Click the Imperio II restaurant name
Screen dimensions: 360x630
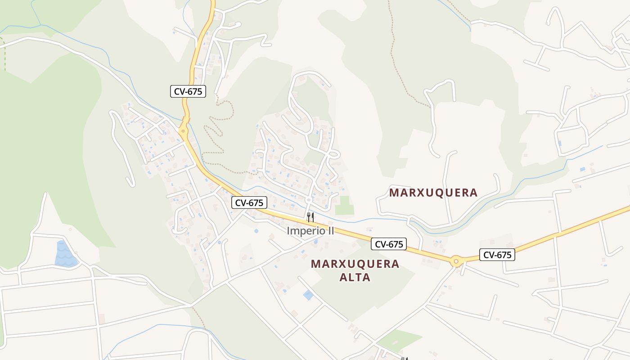[310, 231]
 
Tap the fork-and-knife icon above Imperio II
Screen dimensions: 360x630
[310, 217]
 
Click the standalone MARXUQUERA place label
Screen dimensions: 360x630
[433, 193]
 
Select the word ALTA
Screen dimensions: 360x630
[355, 277]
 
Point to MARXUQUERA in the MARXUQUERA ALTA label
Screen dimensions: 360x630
[355, 264]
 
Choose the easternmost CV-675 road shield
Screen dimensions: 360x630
[497, 255]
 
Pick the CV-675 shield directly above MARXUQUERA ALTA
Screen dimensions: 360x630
[389, 244]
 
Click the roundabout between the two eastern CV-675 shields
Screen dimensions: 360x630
[456, 261]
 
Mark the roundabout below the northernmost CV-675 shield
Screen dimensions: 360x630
[183, 131]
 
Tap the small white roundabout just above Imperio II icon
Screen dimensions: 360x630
[309, 199]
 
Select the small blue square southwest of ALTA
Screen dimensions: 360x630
[308, 295]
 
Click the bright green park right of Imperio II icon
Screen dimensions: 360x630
[344, 206]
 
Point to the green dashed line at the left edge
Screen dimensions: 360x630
[4, 54]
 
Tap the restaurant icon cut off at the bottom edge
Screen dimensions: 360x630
[404, 358]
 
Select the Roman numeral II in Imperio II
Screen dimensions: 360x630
[330, 231]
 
